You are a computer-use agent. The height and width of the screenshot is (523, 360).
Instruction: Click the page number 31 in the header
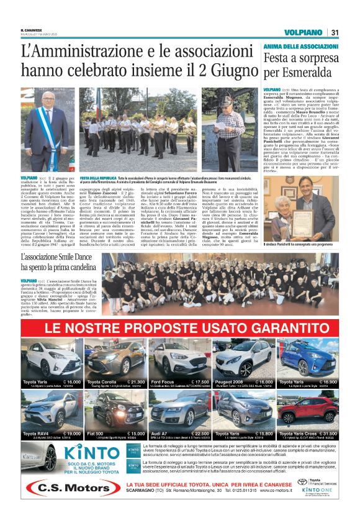[334, 32]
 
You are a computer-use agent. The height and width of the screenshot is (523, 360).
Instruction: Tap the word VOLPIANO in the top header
[302, 32]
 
